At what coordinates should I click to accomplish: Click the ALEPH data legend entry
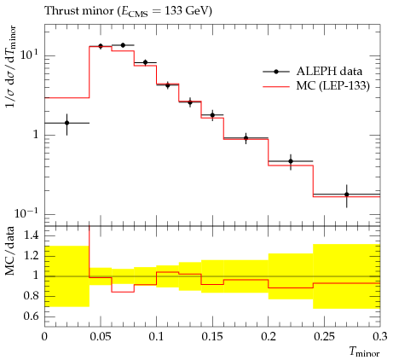[x=313, y=72]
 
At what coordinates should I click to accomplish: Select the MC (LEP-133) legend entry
[x=316, y=85]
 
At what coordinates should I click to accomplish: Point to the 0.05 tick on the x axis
[x=101, y=336]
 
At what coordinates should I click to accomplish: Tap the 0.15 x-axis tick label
[x=212, y=336]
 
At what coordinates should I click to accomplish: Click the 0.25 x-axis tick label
[x=324, y=336]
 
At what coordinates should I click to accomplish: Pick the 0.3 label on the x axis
[x=380, y=336]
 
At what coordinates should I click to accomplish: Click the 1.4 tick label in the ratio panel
[x=31, y=235]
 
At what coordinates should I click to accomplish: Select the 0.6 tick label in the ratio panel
[x=31, y=316]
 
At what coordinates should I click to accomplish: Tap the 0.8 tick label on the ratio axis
[x=31, y=296]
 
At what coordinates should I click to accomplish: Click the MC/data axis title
[x=9, y=251]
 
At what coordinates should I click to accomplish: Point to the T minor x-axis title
[x=365, y=352]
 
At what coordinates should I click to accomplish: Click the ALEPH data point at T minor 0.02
[x=67, y=123]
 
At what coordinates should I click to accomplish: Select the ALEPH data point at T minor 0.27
[x=347, y=195]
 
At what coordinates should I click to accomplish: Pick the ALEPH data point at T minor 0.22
[x=291, y=161]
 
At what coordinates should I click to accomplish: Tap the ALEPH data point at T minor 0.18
[x=246, y=138]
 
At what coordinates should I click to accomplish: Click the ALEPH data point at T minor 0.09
[x=145, y=62]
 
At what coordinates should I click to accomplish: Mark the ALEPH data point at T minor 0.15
[x=212, y=115]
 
